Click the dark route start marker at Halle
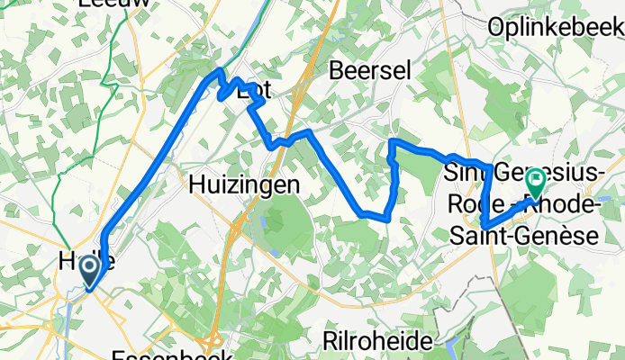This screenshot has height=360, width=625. [90, 270]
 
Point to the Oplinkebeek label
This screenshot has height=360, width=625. [555, 28]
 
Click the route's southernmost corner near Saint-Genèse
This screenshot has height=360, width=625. [484, 225]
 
